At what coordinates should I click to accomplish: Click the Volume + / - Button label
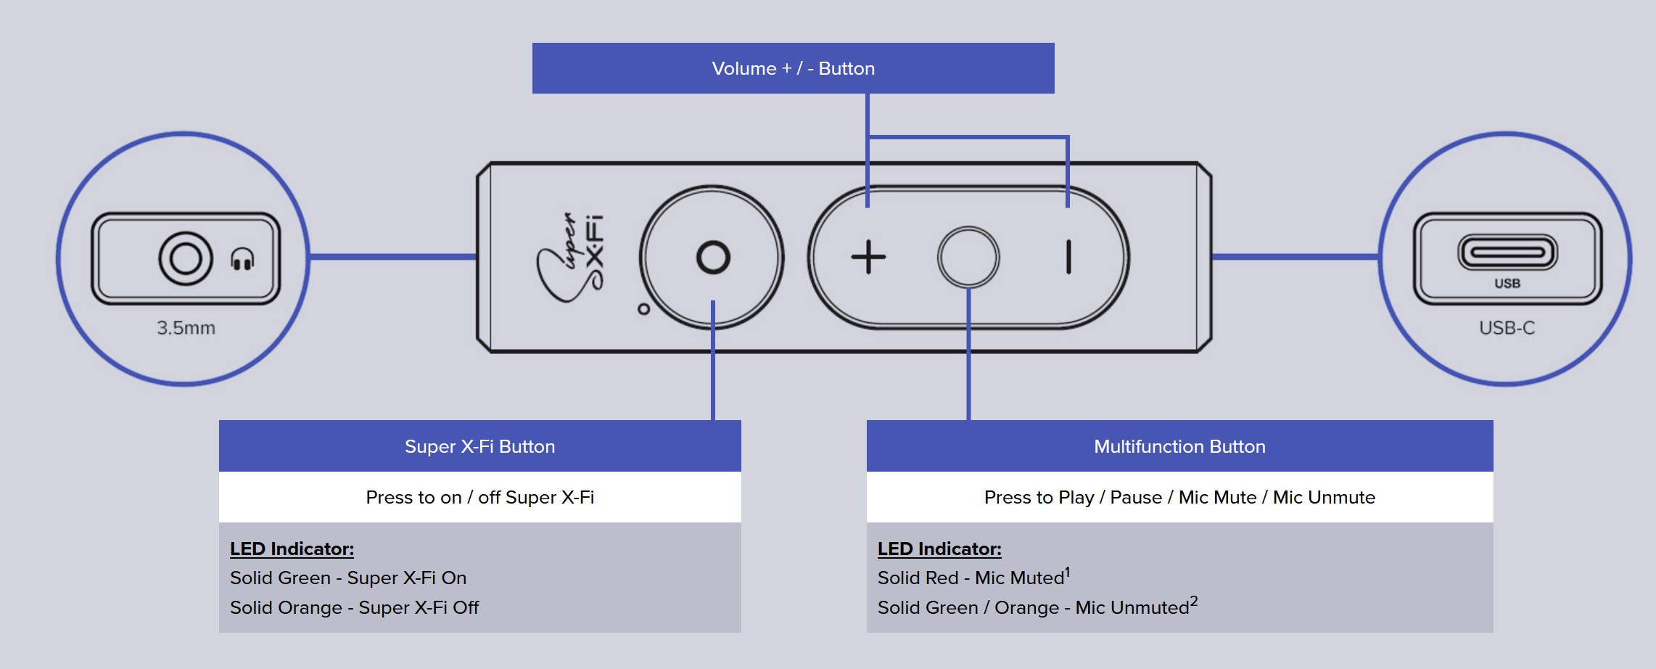click(x=793, y=68)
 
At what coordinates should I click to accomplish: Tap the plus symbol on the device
click(x=868, y=258)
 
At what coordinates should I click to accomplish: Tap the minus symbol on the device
click(x=1068, y=258)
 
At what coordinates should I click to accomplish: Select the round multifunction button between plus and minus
click(x=968, y=258)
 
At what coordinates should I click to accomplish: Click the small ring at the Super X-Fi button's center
click(x=712, y=258)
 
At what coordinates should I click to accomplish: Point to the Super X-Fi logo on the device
click(x=571, y=258)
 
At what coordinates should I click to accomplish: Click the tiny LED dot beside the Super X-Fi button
click(x=643, y=309)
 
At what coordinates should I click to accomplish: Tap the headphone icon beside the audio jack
click(x=242, y=259)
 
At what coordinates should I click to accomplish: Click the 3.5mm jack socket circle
click(x=186, y=258)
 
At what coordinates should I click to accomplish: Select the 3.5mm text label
click(x=186, y=328)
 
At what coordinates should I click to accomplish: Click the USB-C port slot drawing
click(x=1507, y=253)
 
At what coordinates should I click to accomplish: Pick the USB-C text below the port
click(x=1507, y=328)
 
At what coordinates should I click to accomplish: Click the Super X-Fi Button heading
click(x=479, y=446)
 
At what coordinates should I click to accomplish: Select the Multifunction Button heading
click(x=1179, y=446)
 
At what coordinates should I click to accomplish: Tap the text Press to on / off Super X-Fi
click(x=479, y=497)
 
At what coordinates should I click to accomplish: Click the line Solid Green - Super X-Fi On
click(x=348, y=578)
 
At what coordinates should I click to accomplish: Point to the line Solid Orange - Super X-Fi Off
click(x=354, y=608)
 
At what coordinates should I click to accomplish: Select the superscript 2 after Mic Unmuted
click(x=1194, y=602)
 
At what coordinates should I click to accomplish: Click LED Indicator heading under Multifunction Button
click(x=939, y=549)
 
